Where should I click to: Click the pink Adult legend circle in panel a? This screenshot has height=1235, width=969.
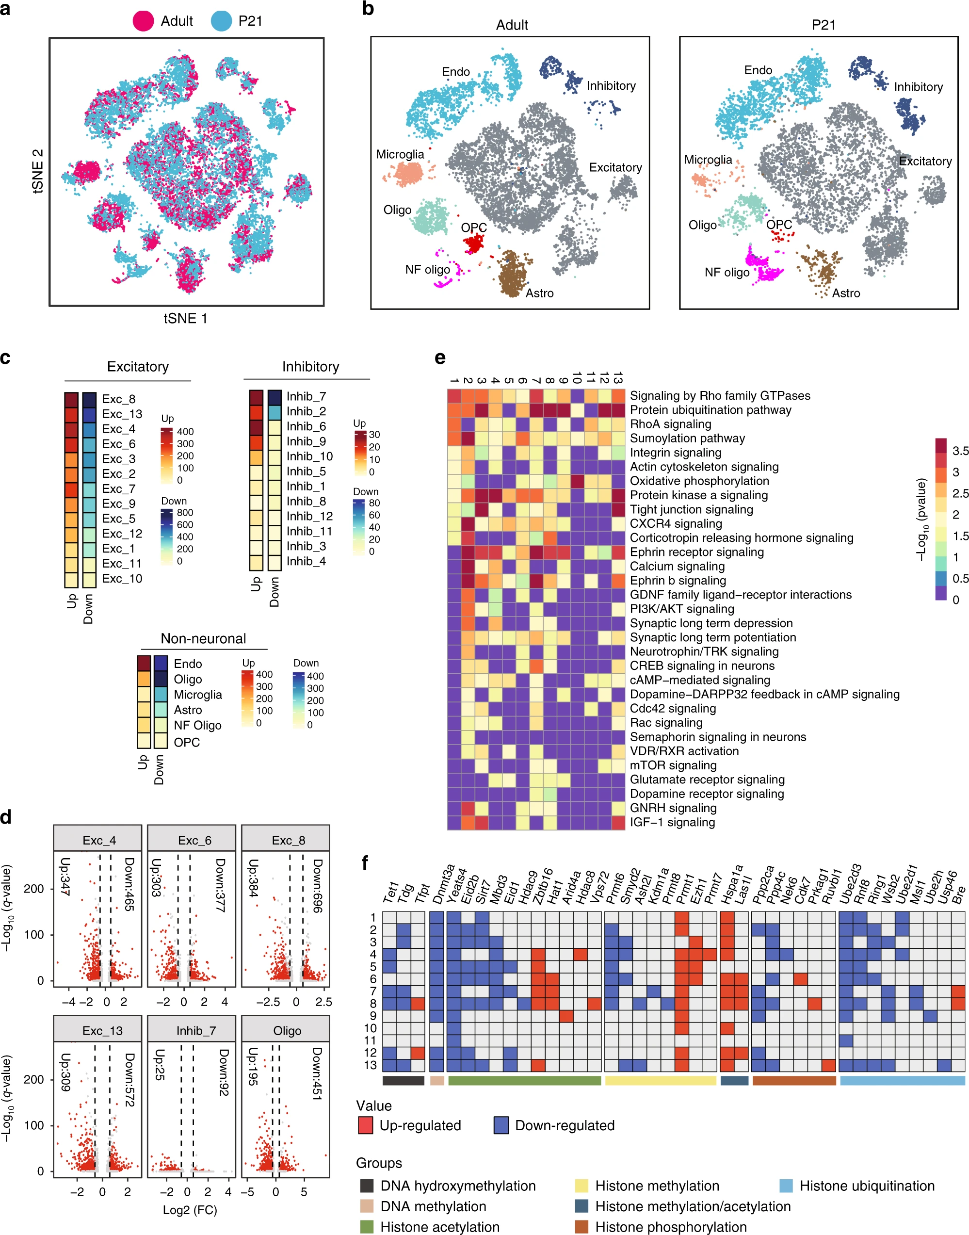pos(143,21)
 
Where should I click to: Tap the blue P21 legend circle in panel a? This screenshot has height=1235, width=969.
pos(221,21)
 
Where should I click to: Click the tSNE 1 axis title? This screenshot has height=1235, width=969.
pos(186,318)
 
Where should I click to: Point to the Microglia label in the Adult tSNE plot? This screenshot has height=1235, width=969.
pos(400,154)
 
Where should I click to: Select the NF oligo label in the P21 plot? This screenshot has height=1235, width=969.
pos(727,272)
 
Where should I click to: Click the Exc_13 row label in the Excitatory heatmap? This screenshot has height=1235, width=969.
pos(122,414)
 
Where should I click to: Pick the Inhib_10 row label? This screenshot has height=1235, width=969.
pos(309,456)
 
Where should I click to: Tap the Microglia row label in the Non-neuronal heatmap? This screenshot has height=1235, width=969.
pos(197,694)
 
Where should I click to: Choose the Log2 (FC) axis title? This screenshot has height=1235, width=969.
pos(190,1209)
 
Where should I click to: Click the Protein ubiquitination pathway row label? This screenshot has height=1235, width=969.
pos(711,409)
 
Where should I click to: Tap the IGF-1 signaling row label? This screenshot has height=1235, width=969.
pos(672,822)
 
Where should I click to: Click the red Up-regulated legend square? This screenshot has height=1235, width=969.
pos(365,1125)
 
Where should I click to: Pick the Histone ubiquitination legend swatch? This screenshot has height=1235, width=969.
pos(786,1186)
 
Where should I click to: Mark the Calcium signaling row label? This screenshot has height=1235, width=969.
pos(677,566)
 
